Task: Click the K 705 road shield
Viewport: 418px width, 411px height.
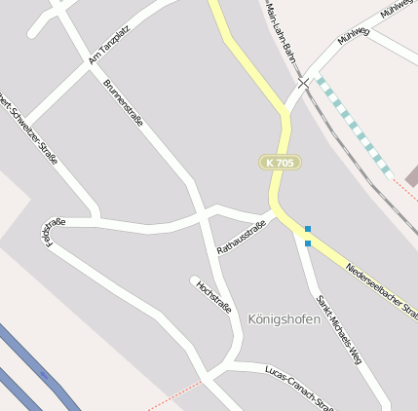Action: point(279,163)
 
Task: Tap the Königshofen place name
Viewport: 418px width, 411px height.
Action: point(285,318)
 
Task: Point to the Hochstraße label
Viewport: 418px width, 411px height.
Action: point(214,296)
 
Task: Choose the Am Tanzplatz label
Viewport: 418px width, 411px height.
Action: point(109,45)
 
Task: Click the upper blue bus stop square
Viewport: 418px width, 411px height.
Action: point(308,229)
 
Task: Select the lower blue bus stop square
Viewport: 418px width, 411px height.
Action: point(308,243)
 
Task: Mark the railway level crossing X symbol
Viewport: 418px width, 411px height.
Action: point(304,84)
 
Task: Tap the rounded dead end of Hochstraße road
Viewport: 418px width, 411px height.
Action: point(194,280)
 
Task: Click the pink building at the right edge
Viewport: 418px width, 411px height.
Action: point(412,175)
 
